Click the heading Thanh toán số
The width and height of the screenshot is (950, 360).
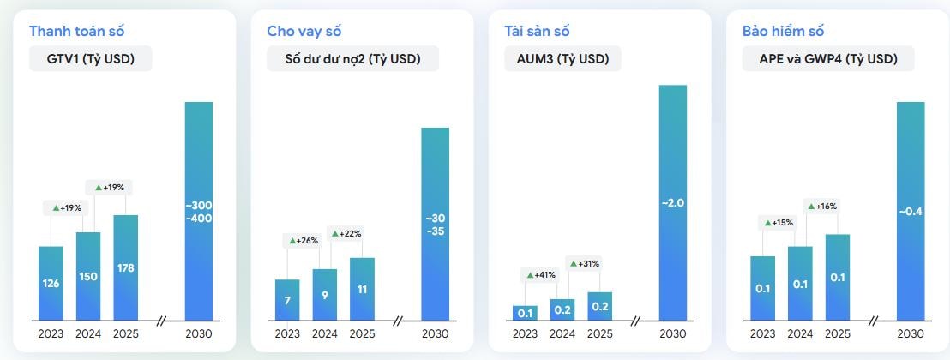point(77,31)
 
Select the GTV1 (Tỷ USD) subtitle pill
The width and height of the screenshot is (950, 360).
point(90,58)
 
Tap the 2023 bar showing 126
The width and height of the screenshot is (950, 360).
point(51,283)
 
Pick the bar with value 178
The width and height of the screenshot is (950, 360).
point(125,267)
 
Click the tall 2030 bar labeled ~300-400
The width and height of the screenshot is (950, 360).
point(199,211)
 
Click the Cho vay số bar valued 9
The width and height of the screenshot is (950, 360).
point(325,294)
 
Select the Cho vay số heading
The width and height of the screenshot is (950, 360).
point(304,31)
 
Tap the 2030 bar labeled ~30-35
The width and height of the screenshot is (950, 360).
point(436,223)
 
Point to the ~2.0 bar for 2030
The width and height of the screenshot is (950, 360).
point(673,202)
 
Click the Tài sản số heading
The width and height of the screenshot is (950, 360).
point(537,31)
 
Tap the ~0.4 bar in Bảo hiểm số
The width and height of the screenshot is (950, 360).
point(911,211)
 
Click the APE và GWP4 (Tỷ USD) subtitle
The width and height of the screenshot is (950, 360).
point(828,58)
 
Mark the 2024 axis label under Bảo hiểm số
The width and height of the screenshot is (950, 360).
point(800,333)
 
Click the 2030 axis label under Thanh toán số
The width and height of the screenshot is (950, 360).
point(199,333)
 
